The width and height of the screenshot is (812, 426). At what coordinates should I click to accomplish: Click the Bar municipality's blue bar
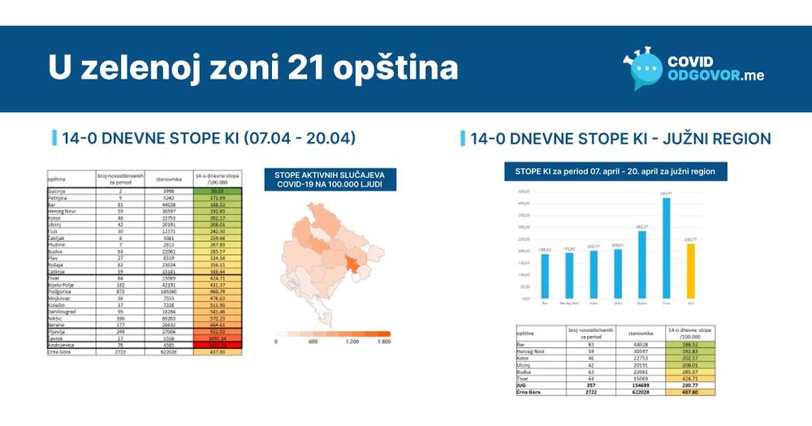545,277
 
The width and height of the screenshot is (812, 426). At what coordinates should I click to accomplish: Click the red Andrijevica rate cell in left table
215,345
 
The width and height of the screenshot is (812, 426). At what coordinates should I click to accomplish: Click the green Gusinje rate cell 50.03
215,191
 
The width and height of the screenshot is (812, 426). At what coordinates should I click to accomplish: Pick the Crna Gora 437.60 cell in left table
215,351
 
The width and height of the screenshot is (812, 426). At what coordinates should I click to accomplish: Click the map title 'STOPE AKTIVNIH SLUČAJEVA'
329,174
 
